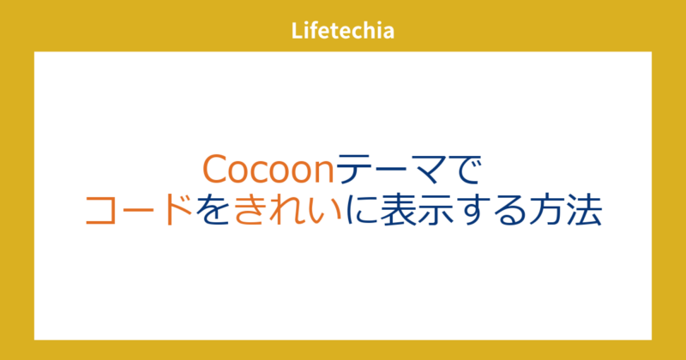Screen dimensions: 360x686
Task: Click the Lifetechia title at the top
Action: [342, 32]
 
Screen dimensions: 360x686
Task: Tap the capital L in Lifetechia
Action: [296, 32]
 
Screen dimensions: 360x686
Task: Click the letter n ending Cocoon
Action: [320, 171]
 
